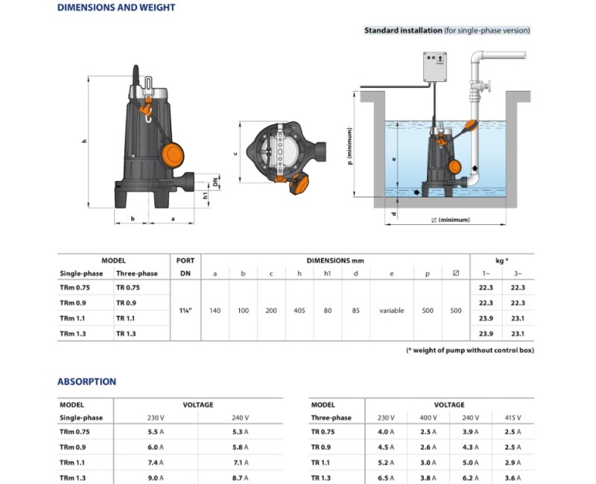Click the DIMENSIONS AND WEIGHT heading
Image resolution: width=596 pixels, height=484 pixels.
pos(116,8)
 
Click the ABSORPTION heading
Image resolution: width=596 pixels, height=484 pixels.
pos(87,382)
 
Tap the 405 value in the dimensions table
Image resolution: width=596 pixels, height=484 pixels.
pos(300,311)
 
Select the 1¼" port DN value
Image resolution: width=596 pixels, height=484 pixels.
pos(186,311)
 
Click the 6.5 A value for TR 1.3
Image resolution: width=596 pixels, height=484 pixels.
pos(384,477)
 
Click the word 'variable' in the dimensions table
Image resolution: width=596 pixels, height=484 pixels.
pos(391,311)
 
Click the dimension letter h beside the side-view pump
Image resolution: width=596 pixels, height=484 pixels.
pos(85,141)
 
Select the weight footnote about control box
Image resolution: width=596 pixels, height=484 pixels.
pos(469,350)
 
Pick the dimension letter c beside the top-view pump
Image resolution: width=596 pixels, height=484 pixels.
pos(235,154)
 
